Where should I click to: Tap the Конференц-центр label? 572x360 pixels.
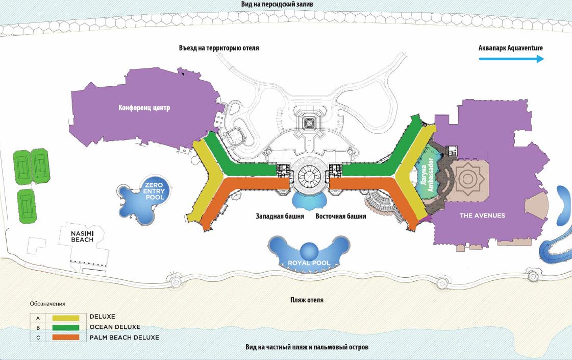coord(143,108)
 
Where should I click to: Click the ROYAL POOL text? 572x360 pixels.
coord(309,263)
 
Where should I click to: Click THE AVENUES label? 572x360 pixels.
coord(482,215)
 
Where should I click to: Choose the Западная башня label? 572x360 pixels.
coord(280,216)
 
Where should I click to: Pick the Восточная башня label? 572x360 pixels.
coord(340,216)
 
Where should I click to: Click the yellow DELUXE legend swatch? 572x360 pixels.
coord(65,317)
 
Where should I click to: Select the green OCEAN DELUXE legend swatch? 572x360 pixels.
coord(65,327)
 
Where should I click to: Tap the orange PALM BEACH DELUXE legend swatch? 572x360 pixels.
coord(65,338)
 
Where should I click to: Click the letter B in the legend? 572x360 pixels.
coord(38,327)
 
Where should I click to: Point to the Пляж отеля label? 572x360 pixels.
coord(307,300)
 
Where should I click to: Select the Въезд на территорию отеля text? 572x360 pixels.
coord(219,49)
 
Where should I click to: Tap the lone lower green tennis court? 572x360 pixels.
coord(26,206)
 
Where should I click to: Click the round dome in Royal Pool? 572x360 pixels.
coord(309,251)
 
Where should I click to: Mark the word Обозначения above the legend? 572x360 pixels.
coord(47,304)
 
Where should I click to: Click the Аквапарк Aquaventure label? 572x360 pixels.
coord(511,48)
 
